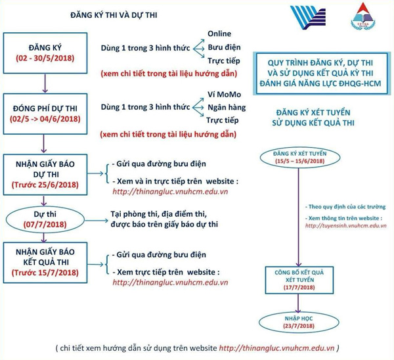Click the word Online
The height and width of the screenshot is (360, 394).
pos(219,34)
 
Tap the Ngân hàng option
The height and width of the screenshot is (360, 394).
pos(227,107)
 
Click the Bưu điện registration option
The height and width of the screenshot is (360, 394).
pos(224,47)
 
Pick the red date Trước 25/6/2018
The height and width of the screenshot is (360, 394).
pos(45,185)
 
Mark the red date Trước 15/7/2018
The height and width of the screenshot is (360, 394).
pos(45,273)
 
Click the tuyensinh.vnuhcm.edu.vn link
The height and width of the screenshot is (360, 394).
pos(346,225)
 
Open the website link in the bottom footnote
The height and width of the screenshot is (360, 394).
pos(276,348)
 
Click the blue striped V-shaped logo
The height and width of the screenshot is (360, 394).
pos(309,18)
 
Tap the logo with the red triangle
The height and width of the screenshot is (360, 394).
pos(363,16)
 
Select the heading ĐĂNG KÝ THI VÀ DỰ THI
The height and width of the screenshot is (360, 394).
pos(114,15)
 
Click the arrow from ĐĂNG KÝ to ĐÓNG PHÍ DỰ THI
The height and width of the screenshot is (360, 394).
pos(45,83)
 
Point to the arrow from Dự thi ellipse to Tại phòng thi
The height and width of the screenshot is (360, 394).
pos(97,221)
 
